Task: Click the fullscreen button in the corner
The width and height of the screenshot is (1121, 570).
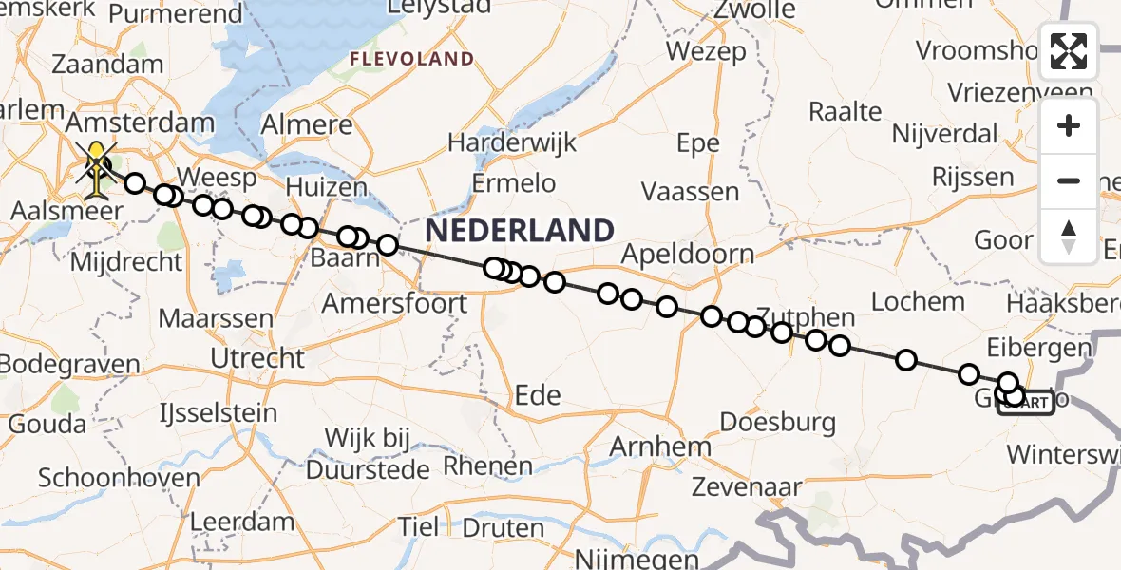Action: (x=1069, y=51)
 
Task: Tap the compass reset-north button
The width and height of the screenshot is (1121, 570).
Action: (x=1069, y=237)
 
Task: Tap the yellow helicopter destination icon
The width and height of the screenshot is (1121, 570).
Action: (x=98, y=169)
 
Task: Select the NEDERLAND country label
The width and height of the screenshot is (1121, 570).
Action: (x=519, y=231)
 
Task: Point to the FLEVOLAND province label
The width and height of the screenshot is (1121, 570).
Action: (x=411, y=60)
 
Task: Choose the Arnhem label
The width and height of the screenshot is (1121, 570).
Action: (x=661, y=446)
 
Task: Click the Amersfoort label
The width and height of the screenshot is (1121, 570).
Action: (x=394, y=304)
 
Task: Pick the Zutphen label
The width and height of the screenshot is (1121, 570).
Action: (x=805, y=318)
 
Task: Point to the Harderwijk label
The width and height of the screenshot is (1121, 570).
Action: (x=512, y=142)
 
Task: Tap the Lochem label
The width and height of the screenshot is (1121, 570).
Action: (x=918, y=302)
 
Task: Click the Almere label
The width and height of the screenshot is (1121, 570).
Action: (x=306, y=125)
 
